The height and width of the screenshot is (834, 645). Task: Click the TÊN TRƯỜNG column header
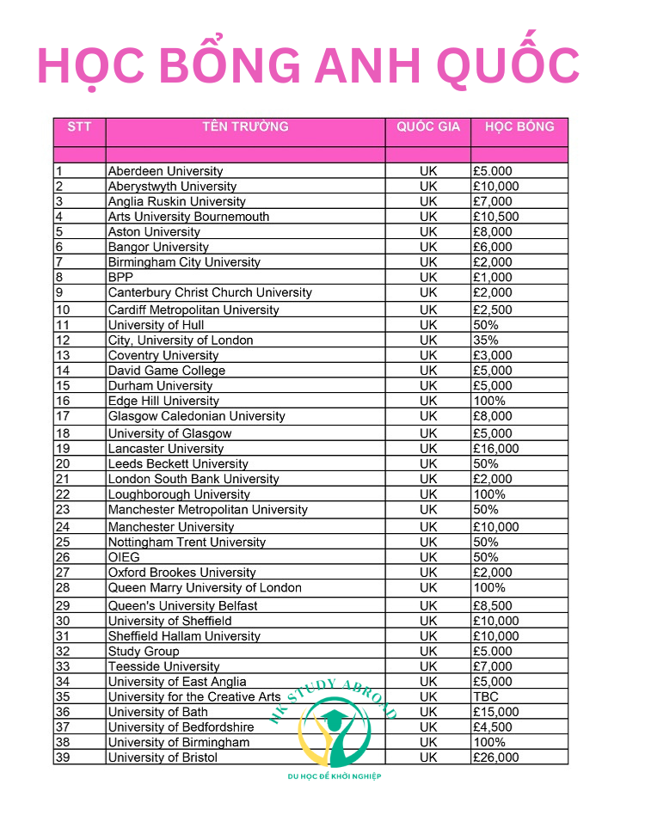245,127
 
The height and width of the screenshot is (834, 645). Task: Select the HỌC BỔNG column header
519,127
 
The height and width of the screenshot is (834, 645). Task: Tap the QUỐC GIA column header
428,127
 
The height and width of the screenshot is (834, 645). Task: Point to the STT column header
79,127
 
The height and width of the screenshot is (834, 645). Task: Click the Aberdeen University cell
165,171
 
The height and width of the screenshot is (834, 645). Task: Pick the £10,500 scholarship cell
496,217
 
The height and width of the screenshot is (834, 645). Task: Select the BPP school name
120,278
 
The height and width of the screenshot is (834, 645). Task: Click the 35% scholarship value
486,340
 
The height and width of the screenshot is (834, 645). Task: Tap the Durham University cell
160,386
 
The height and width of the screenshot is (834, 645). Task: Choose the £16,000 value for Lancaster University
496,449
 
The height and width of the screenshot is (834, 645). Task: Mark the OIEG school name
124,557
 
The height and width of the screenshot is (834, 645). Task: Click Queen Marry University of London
205,588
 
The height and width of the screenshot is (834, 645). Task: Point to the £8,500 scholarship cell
493,606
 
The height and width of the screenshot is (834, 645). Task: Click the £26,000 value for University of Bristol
496,757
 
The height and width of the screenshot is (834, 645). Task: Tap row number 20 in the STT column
62,464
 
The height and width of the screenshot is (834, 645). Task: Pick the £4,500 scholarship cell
493,727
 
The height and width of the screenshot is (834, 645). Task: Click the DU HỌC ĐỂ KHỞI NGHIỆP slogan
335,776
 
